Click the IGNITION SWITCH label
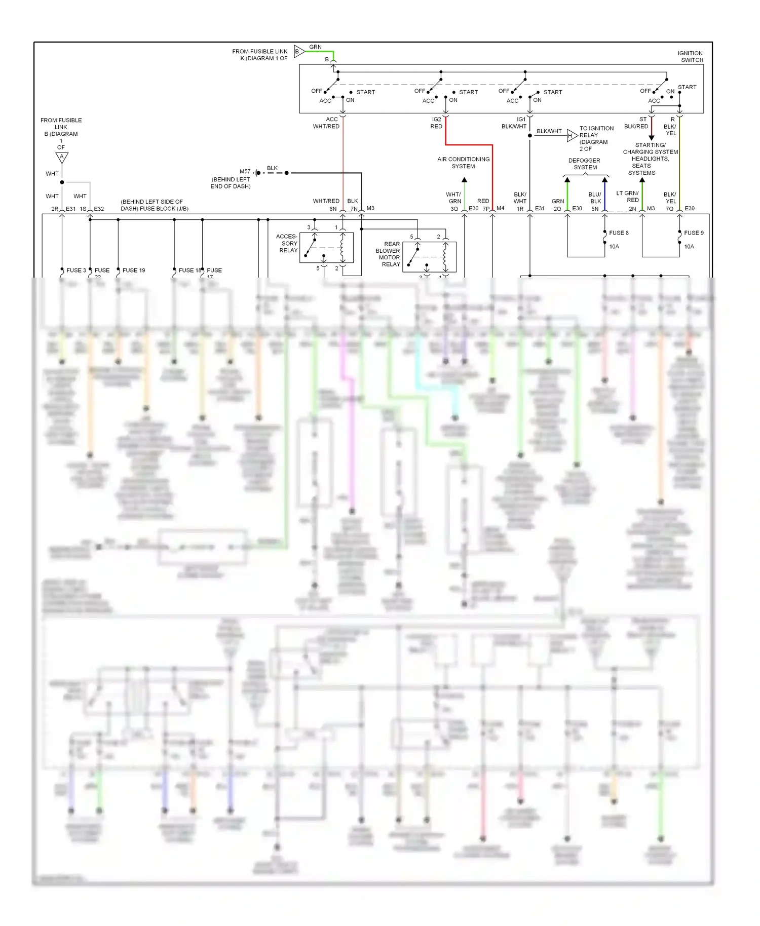pos(690,56)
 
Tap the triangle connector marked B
pos(298,51)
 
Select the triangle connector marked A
pos(62,158)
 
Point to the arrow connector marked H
pos(571,135)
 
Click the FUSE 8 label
pos(619,233)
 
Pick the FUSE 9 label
pos(694,233)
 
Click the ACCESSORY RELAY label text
pos(287,243)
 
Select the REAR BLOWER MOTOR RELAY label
pos(388,254)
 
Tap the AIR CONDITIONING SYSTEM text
pos(463,163)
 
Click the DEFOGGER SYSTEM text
pos(585,164)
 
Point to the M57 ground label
pos(245,172)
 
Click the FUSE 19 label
pos(134,271)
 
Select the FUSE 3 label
pos(76,271)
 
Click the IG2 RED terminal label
pos(436,123)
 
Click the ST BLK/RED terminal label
pos(636,123)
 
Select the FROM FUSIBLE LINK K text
pos(259,55)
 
